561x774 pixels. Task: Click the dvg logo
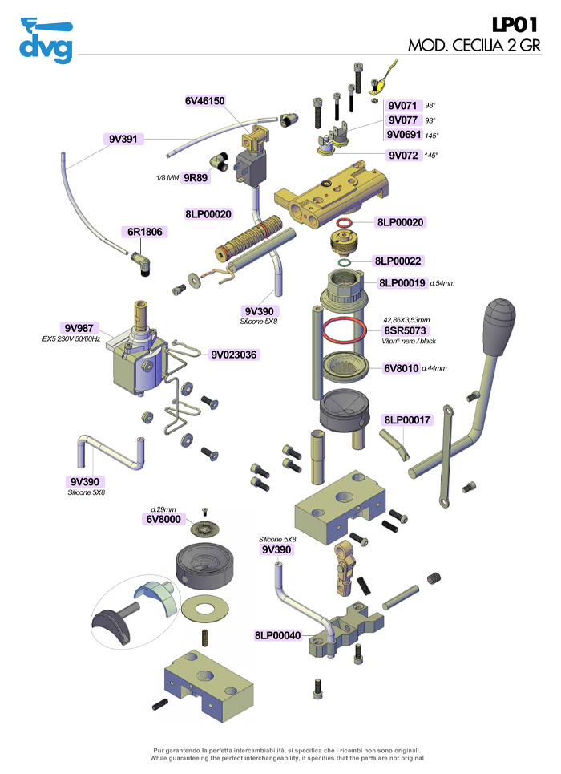(x=46, y=41)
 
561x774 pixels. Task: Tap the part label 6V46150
(x=205, y=101)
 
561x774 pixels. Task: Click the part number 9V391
(x=123, y=139)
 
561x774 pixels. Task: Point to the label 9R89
(x=196, y=177)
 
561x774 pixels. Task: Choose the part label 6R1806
(x=145, y=233)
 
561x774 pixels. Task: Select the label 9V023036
(x=238, y=354)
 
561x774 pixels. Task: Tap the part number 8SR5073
(x=407, y=330)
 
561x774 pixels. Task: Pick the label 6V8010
(x=401, y=368)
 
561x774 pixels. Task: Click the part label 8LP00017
(x=408, y=419)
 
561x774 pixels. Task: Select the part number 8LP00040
(x=277, y=635)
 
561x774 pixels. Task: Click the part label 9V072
(x=403, y=155)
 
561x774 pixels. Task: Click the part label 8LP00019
(x=403, y=282)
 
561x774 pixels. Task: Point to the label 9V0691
(x=406, y=134)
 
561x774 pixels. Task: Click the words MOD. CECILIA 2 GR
(x=474, y=45)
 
